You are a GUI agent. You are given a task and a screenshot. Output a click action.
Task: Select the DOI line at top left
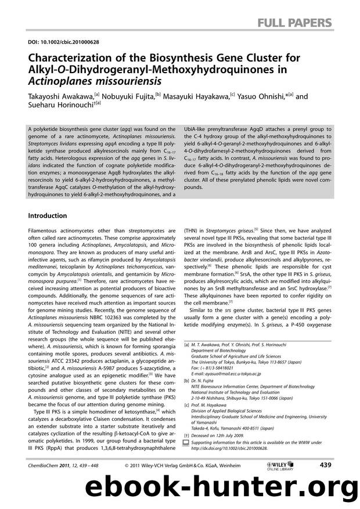point(55,42)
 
